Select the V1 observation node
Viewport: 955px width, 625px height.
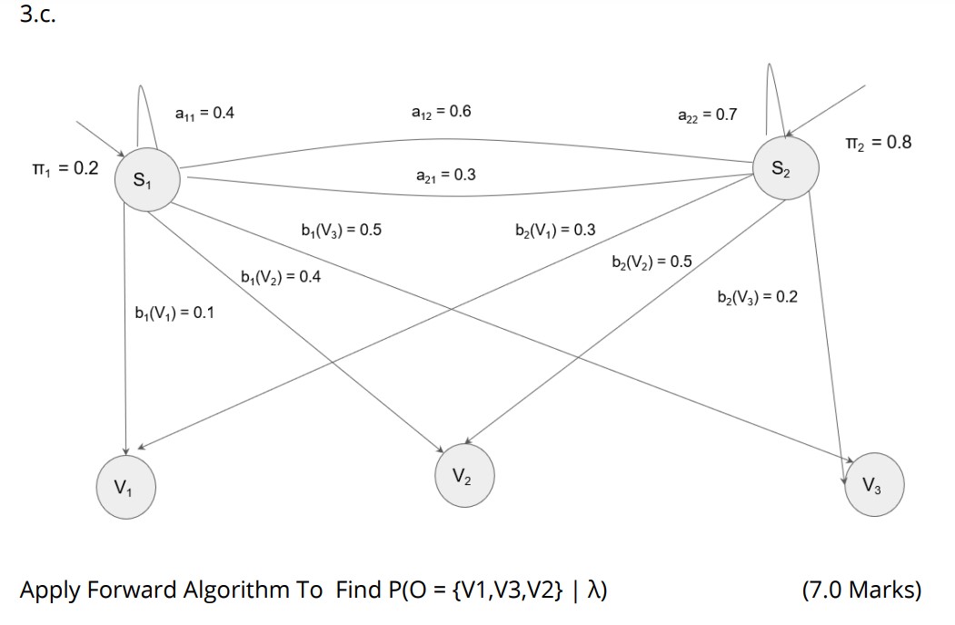pos(125,487)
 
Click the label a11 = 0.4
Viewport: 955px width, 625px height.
pos(204,113)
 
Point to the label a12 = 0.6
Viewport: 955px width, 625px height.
pos(442,112)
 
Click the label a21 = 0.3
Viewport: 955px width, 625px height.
pos(446,174)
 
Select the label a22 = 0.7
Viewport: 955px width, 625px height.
pos(708,114)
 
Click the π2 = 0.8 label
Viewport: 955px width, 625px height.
pos(877,143)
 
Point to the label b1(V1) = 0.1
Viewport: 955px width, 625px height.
pos(174,313)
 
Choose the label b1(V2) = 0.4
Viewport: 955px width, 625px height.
pos(281,276)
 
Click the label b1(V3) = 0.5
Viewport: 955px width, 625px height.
pos(341,229)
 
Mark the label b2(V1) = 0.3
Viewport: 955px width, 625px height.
pos(555,229)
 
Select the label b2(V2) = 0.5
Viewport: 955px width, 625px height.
pos(652,262)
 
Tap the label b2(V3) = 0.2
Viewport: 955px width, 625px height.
pos(757,297)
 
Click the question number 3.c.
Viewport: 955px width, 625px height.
pos(37,16)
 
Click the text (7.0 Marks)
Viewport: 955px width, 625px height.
pos(861,590)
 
